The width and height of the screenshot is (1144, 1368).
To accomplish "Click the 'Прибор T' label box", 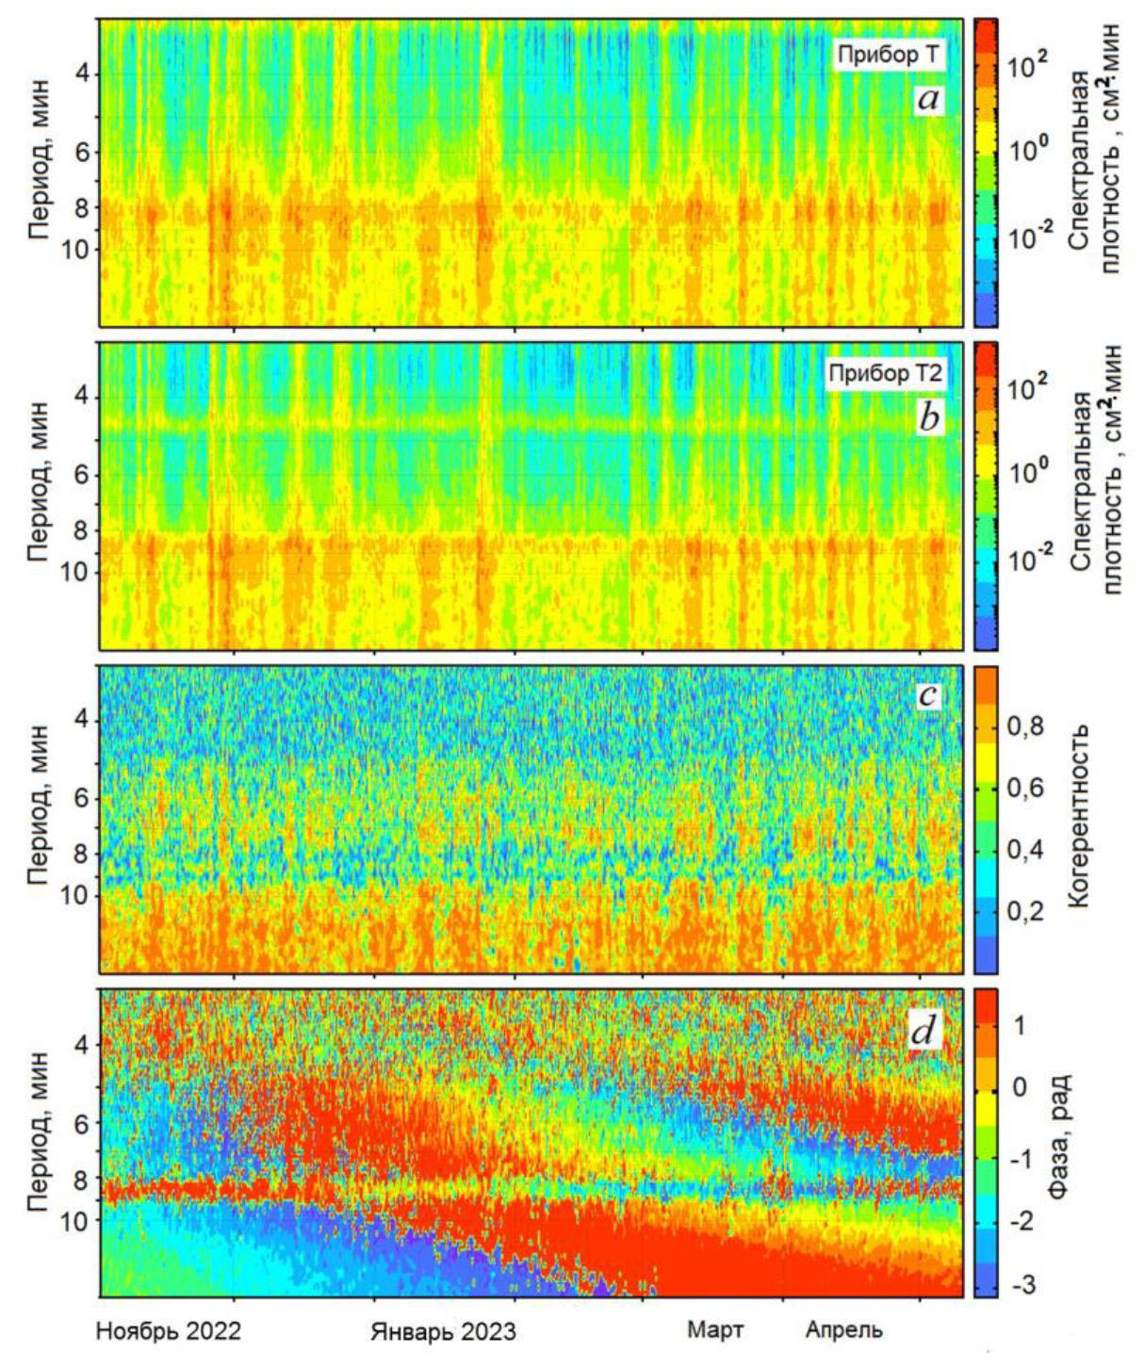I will point(888,55).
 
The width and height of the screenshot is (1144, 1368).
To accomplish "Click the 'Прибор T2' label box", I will point(885,374).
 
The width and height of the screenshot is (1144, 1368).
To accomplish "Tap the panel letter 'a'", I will point(928,98).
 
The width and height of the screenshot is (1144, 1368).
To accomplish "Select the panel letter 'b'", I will point(929,417).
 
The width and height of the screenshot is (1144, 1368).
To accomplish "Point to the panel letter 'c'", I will point(928,695).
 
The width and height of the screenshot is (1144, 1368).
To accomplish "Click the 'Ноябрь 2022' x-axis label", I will point(169,1330).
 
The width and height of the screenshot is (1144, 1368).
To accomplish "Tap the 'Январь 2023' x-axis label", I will point(443,1331).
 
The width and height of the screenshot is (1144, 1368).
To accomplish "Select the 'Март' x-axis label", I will point(715,1330).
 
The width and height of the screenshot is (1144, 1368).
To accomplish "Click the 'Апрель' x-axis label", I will point(843,1330).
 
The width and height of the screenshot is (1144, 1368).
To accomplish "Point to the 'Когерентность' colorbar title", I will point(1080,816).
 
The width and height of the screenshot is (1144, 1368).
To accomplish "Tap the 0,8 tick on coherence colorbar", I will point(1024,726).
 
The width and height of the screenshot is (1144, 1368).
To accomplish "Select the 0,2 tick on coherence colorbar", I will point(1024,911).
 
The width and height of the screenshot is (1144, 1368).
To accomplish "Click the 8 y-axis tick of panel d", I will point(80,1178).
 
